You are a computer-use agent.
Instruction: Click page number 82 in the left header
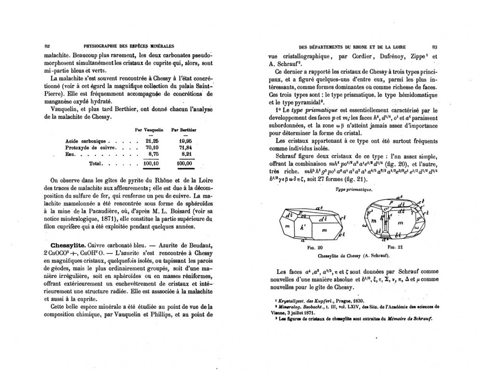pos(47,46)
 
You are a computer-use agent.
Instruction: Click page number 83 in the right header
pos(435,46)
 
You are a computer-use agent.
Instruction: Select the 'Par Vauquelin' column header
pos(149,130)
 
